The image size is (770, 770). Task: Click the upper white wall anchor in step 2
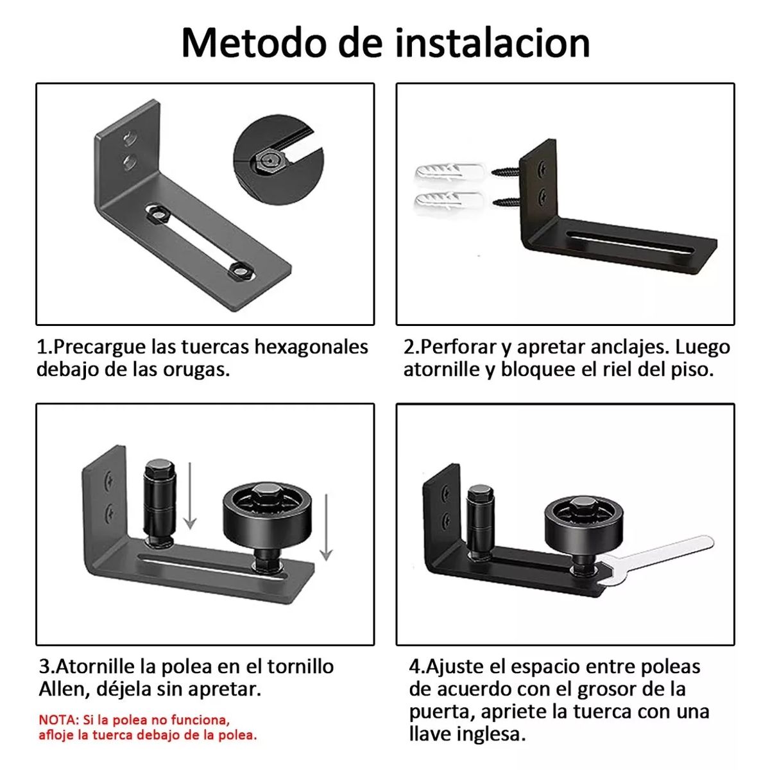click(449, 173)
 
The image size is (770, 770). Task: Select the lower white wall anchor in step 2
click(449, 201)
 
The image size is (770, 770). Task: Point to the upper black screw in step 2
click(507, 172)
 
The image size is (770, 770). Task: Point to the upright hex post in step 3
click(158, 504)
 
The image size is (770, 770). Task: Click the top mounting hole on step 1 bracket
click(130, 137)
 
